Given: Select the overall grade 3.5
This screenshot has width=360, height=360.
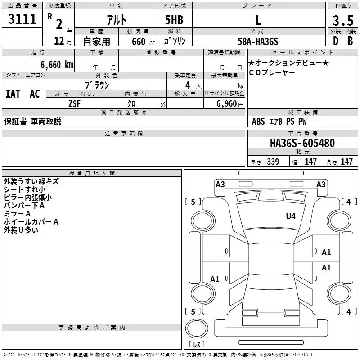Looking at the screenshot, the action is coord(342,21).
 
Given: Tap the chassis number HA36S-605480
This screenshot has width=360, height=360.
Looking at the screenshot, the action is coord(302,144).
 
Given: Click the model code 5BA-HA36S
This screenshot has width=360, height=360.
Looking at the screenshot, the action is coord(258,41).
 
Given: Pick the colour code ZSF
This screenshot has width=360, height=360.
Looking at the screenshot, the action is coord(75,103).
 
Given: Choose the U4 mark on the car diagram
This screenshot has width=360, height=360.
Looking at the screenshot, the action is coord(291,216).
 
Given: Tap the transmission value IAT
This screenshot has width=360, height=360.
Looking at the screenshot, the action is coord(13,94).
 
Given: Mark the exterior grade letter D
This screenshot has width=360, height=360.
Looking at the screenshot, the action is coord(335,41).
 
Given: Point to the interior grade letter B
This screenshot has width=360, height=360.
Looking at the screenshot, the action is coord(350,41).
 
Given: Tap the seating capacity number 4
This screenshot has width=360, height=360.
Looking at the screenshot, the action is coord(187,85).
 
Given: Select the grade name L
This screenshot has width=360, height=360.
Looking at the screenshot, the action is coord(258,20).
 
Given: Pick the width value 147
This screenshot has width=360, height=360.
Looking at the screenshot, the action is coord(310,162).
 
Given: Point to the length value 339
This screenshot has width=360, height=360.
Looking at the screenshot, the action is coord(273,162).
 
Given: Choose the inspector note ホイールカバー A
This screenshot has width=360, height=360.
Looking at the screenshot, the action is coord(31,222).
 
